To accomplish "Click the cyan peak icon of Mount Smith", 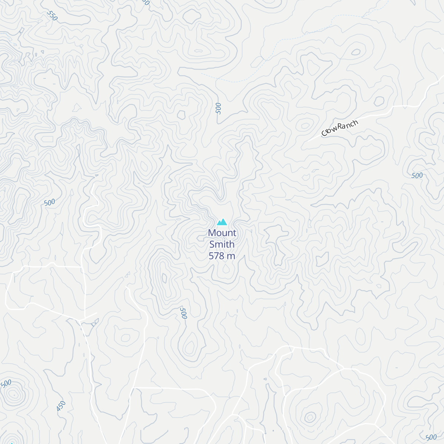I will [222, 222].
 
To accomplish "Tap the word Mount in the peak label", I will [222, 233].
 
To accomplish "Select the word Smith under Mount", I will [222, 244].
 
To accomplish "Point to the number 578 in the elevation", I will [216, 256].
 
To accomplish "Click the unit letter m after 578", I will [232, 256].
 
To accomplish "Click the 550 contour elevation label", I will [53, 16].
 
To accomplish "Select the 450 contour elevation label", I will [61, 406].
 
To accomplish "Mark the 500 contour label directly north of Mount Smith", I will [218, 108].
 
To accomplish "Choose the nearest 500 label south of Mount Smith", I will [183, 313].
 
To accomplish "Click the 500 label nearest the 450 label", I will [6, 383].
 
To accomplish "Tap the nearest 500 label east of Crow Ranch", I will [417, 175].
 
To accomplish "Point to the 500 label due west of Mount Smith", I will [49, 202].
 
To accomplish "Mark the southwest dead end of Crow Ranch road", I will [307, 142].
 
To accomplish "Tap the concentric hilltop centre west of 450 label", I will [14, 395].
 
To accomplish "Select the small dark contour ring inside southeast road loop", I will [309, 417].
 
